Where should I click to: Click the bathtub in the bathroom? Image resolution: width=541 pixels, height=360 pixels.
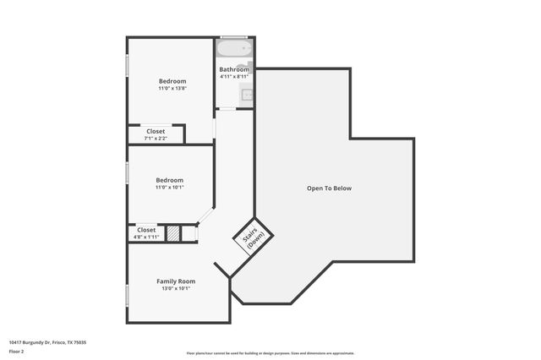point(234,48)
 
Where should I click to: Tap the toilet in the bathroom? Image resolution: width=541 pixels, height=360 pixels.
point(245,67)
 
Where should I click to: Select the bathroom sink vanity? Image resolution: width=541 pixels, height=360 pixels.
point(246,95)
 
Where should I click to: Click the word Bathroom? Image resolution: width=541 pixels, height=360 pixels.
point(234,69)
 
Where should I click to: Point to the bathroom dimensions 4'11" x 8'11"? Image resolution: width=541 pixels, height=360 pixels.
point(234,77)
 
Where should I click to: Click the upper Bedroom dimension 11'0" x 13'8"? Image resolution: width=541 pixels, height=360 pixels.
point(172,89)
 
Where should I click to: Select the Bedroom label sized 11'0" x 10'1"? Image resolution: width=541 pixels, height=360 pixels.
point(169,180)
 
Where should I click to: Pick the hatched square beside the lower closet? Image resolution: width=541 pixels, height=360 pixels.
point(172,233)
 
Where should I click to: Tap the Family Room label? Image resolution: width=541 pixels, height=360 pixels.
point(176,281)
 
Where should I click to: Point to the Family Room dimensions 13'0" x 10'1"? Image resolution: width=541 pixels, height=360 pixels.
point(176,288)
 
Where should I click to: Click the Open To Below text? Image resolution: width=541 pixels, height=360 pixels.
point(329,188)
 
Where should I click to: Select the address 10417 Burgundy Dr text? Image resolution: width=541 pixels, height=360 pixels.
point(47,342)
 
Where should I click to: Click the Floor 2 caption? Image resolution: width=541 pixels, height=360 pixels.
point(17,351)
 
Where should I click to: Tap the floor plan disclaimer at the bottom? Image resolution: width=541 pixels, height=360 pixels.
point(270,353)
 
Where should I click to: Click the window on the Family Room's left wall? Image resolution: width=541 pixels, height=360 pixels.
point(127,295)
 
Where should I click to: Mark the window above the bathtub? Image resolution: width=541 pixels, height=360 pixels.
point(234,37)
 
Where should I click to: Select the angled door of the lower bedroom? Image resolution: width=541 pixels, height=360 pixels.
point(205,217)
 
